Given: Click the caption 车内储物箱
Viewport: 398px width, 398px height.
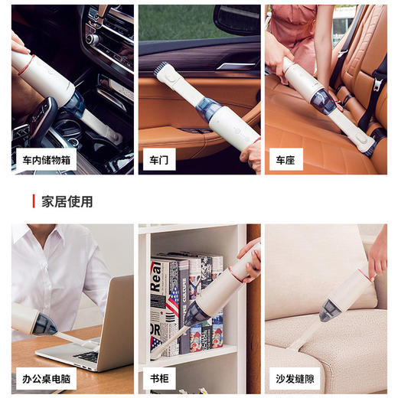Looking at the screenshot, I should pyautogui.click(x=45, y=161).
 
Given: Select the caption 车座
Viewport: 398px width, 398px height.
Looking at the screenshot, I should pyautogui.click(x=285, y=161).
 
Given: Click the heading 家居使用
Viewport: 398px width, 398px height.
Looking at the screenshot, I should pyautogui.click(x=67, y=201).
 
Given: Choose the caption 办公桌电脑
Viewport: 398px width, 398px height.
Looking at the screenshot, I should pyautogui.click(x=45, y=377).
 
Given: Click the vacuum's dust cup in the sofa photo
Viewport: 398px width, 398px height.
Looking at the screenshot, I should pyautogui.click(x=330, y=310).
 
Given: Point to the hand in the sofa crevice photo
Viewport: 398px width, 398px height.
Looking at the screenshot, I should pyautogui.click(x=377, y=260).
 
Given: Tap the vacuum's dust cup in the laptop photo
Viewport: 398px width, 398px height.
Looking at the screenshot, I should pyautogui.click(x=43, y=324).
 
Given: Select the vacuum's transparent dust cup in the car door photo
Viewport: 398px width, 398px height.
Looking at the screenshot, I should pyautogui.click(x=208, y=109).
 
